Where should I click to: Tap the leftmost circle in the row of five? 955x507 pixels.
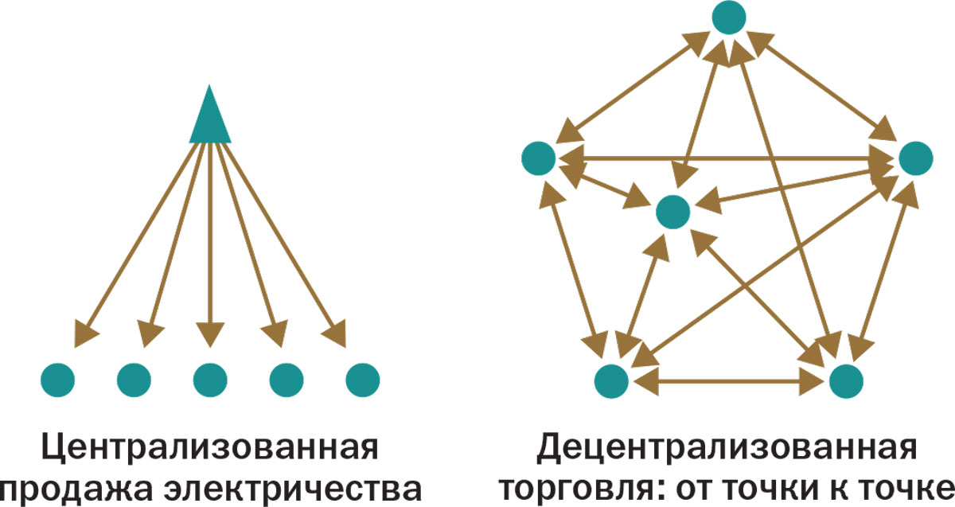coord(57,380)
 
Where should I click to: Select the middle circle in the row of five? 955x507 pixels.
coord(210,380)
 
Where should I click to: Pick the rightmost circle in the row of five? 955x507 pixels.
coord(363,380)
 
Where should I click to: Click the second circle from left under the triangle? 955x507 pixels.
coord(134,380)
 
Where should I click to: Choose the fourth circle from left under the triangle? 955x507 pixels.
coord(286,380)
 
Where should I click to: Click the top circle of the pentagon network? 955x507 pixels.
coord(729,18)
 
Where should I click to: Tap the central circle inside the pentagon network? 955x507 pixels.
coord(672,212)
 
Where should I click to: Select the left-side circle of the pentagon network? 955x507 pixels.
coord(539,158)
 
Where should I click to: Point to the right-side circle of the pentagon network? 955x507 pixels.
coord(916,158)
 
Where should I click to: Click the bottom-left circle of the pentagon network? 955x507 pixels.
coord(611,381)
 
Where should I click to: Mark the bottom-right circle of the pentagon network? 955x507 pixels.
coord(846,381)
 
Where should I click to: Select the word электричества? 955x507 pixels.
coord(294,489)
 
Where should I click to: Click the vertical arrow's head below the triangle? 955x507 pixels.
coord(210,335)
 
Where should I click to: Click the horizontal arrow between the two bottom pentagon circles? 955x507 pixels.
coord(729,381)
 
